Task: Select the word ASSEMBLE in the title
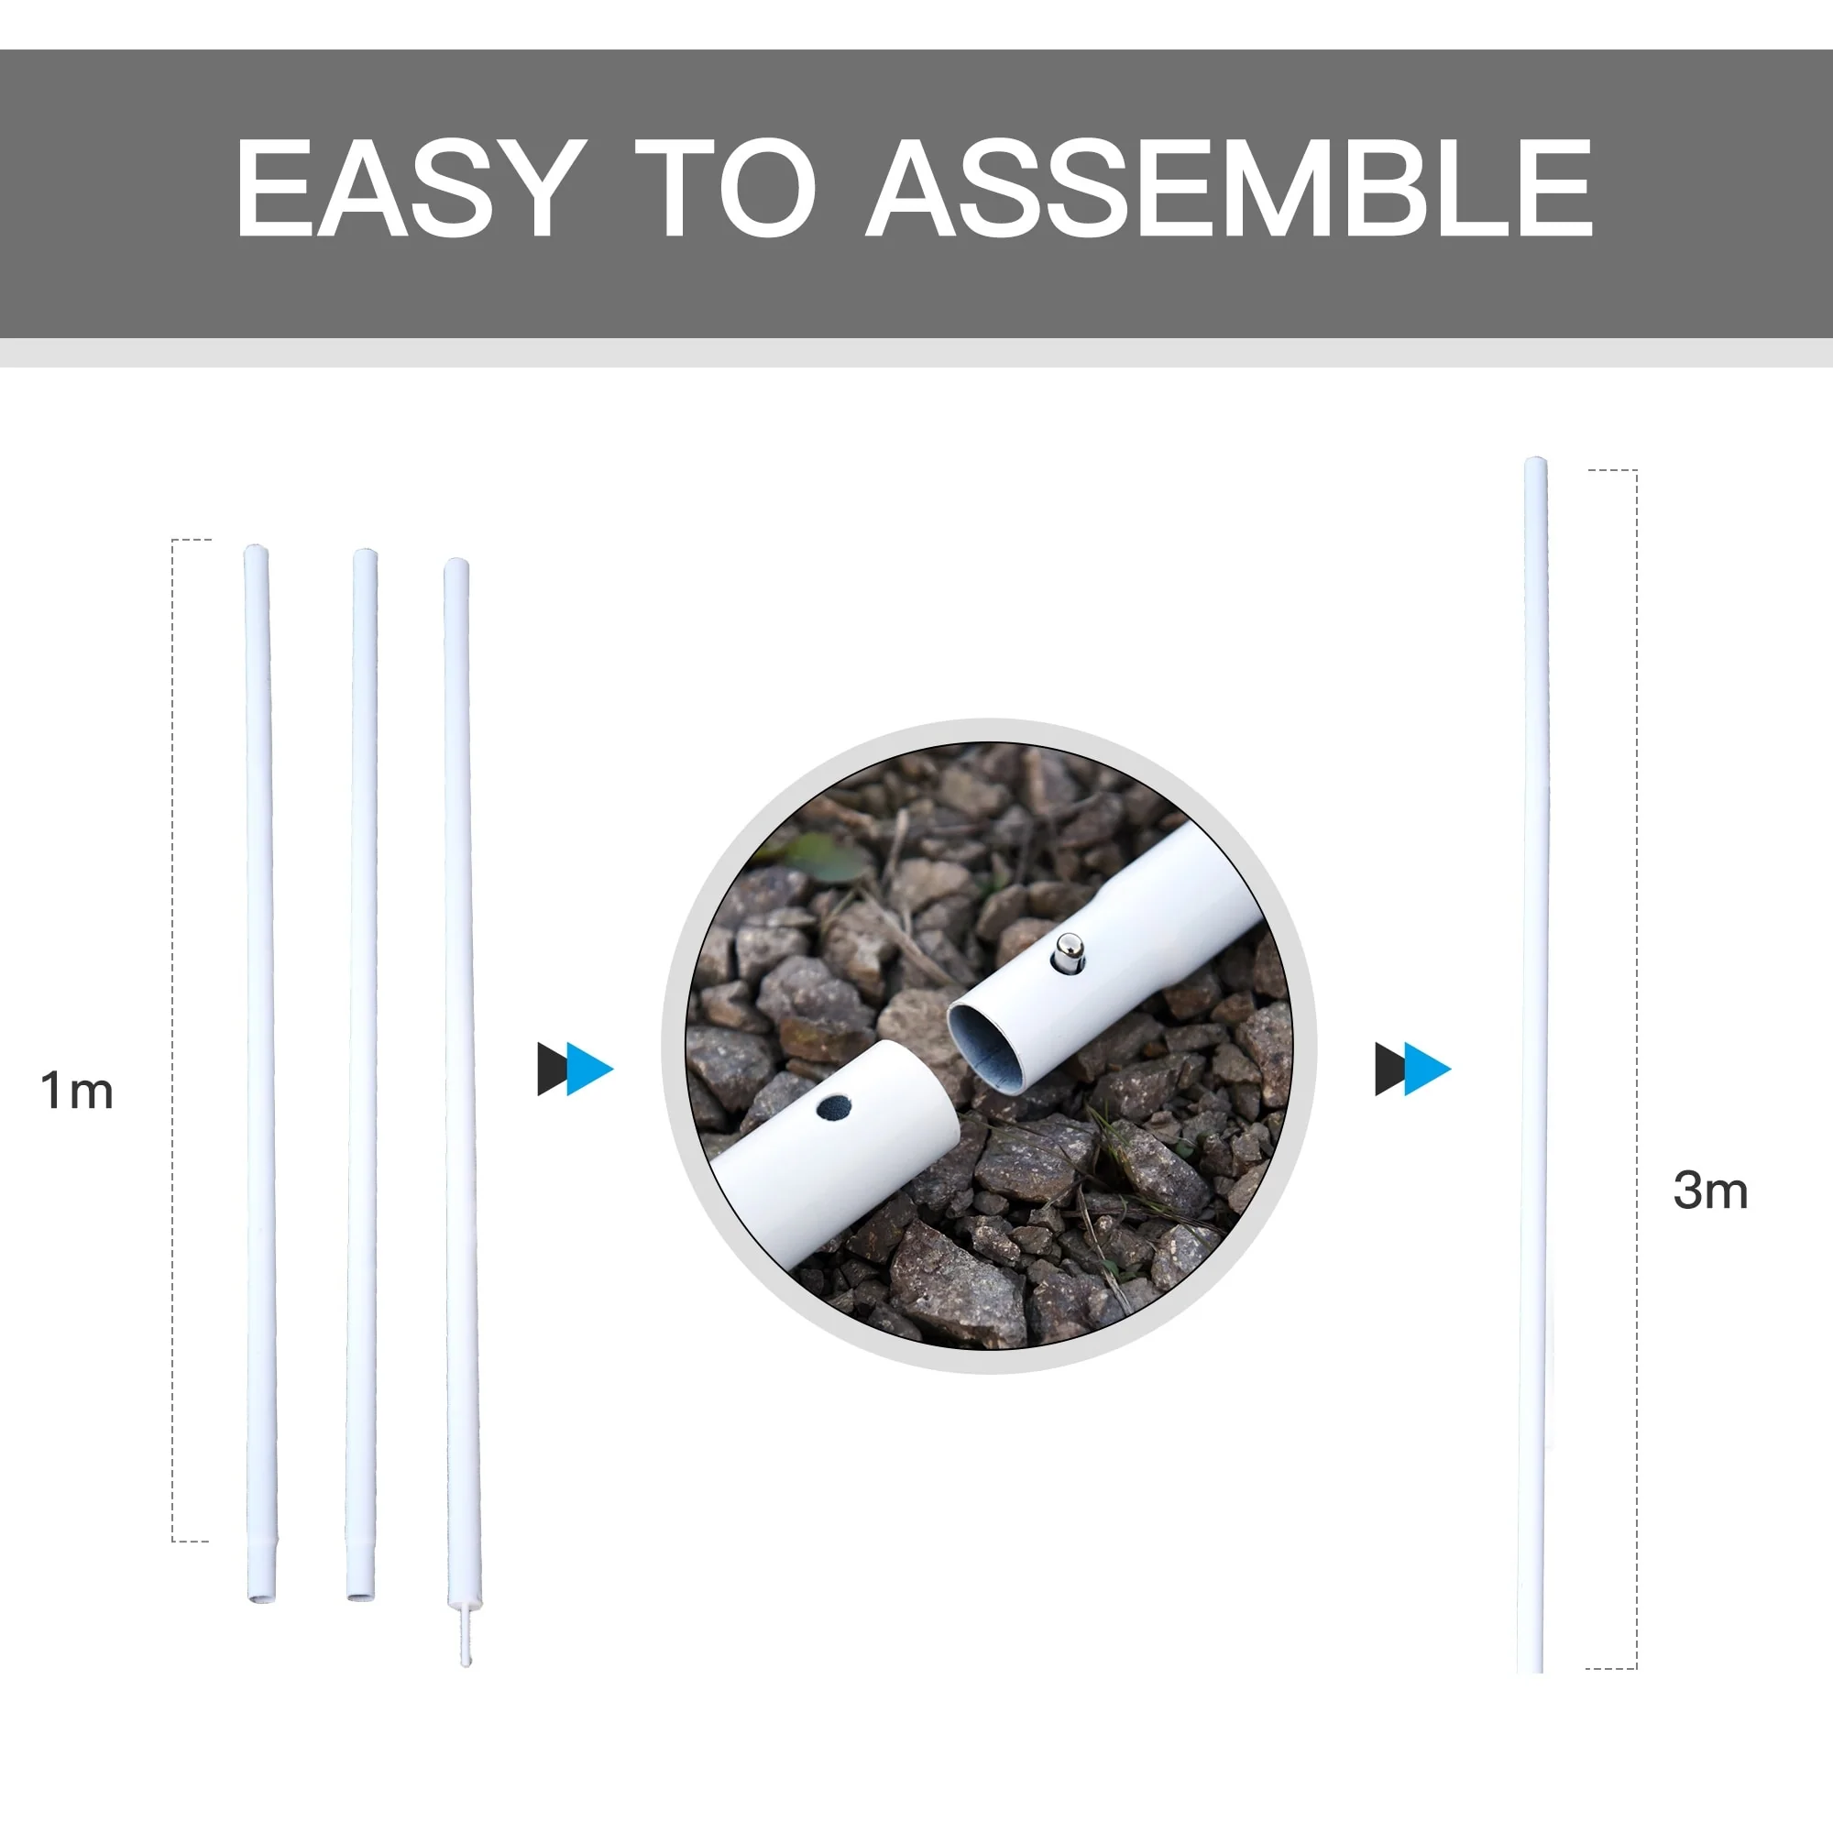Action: point(1230,187)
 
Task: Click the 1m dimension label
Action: point(77,1090)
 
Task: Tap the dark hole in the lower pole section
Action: point(833,1108)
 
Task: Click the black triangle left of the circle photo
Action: point(551,1070)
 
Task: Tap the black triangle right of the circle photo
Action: point(1389,1070)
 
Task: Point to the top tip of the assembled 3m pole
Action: point(1535,461)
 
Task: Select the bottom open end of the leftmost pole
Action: point(262,1597)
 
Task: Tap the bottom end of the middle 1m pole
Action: point(359,1596)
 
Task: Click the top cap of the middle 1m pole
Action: point(365,554)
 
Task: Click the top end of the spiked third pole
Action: point(456,564)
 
